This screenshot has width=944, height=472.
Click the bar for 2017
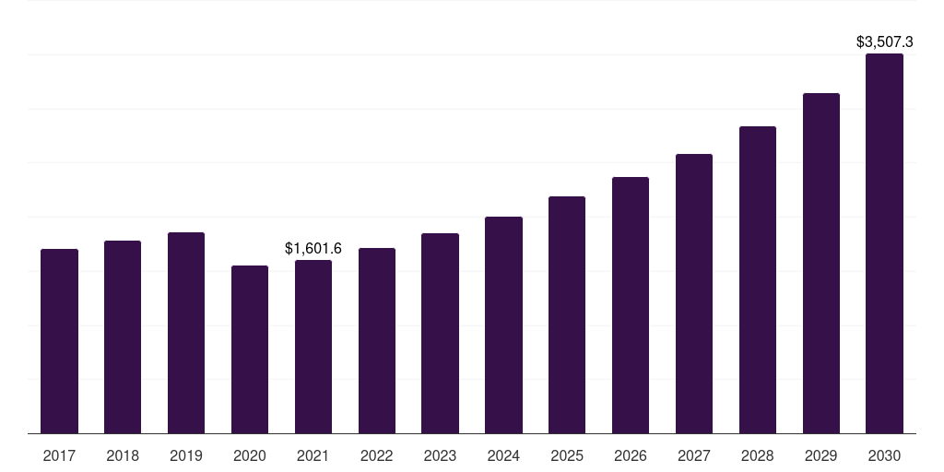[x=59, y=341]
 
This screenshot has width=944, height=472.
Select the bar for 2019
[x=186, y=333]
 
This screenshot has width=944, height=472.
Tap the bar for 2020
[x=250, y=349]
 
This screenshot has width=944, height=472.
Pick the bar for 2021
[x=313, y=347]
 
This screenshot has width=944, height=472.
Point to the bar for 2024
[x=504, y=325]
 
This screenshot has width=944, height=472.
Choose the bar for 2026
[x=631, y=305]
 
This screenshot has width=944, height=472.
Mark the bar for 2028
[x=758, y=280]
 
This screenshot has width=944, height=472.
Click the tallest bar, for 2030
[x=884, y=243]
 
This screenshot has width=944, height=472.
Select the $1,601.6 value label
[x=313, y=248]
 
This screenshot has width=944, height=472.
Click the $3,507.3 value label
[x=884, y=41]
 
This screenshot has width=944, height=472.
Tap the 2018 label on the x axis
[x=123, y=455]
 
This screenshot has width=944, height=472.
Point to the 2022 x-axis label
[x=377, y=455]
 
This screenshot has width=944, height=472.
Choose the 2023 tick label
[x=440, y=455]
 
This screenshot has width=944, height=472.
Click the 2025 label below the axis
[x=567, y=455]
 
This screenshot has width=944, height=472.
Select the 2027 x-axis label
[x=694, y=455]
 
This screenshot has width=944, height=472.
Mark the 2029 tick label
[x=821, y=455]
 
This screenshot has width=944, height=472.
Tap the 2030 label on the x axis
[x=884, y=455]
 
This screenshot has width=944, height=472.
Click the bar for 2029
[x=821, y=264]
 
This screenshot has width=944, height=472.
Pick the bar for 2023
[x=440, y=334]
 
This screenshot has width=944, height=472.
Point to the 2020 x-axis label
[x=250, y=455]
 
